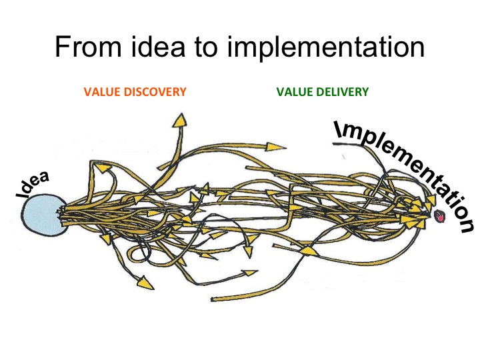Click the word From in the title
pyautogui.click(x=88, y=47)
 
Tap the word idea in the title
pyautogui.click(x=158, y=47)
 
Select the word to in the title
pyautogui.click(x=206, y=47)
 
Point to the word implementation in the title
pyautogui.click(x=326, y=49)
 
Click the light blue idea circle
pyautogui.click(x=43, y=215)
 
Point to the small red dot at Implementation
pyautogui.click(x=440, y=217)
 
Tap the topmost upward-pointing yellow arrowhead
pyautogui.click(x=180, y=120)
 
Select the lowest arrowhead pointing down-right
pyautogui.click(x=145, y=283)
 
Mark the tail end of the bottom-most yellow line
pyautogui.click(x=212, y=299)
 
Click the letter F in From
pyautogui.click(x=62, y=47)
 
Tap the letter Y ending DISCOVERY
pyautogui.click(x=183, y=92)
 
